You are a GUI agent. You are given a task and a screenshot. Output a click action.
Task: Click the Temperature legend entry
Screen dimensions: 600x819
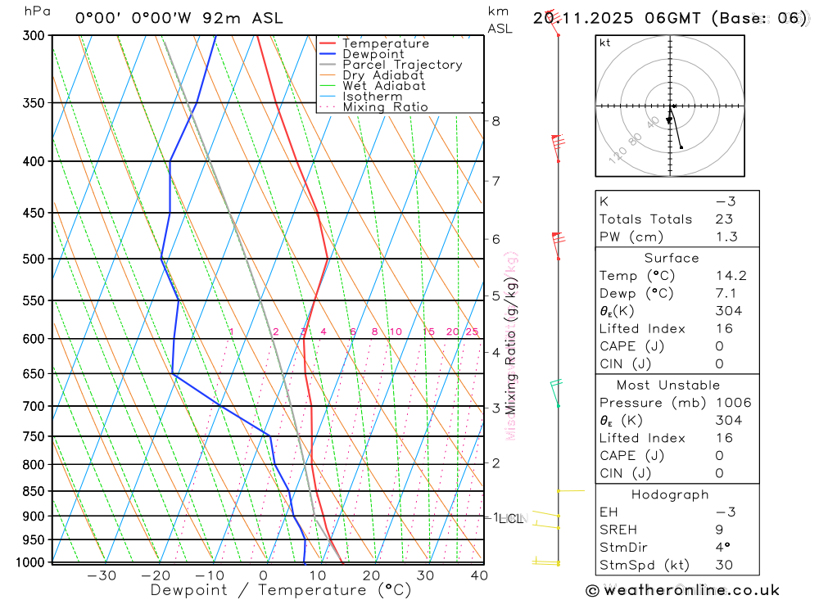point(385,43)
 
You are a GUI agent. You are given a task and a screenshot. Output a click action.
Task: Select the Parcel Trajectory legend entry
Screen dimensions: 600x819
point(402,65)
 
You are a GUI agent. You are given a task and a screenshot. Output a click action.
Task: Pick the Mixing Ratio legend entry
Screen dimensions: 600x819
point(385,107)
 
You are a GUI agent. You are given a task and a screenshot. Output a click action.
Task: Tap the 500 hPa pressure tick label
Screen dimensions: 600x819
point(35,259)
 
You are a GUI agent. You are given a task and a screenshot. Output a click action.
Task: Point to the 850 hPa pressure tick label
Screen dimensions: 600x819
point(35,492)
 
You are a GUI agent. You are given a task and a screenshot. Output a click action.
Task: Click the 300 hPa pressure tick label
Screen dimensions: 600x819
point(35,36)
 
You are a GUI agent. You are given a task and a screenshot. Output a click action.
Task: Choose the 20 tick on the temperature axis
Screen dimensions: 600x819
point(371,575)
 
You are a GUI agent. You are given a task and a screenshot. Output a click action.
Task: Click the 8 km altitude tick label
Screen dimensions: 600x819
point(495,121)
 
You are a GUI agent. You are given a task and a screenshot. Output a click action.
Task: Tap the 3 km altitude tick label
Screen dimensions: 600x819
point(495,408)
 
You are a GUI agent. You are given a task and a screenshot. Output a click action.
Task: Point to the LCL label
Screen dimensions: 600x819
point(512,518)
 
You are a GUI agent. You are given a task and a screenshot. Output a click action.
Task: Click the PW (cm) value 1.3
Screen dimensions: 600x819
point(726,237)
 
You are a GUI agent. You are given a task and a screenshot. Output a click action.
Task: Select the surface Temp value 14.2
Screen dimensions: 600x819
point(731,277)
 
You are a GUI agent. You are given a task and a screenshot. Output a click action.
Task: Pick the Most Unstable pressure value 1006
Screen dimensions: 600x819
point(732,403)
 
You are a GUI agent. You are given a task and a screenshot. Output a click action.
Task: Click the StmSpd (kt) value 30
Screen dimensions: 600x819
point(724,565)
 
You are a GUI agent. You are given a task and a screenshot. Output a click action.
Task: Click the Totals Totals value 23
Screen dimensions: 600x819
point(724,219)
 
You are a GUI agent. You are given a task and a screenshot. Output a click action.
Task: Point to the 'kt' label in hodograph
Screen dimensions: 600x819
point(605,43)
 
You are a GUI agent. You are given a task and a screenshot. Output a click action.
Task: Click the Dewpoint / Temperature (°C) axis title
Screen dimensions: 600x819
point(281,589)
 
